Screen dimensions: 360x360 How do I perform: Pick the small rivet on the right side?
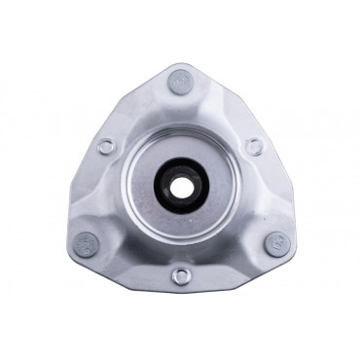click(254, 147)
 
